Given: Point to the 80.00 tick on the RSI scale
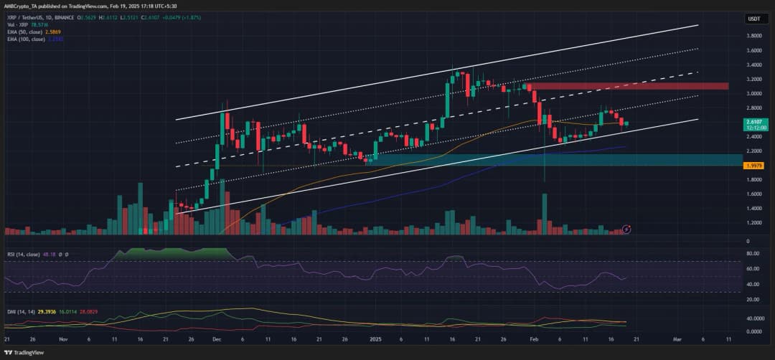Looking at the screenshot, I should click(x=753, y=253).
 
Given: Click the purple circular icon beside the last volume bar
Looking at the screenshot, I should click(x=627, y=229).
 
